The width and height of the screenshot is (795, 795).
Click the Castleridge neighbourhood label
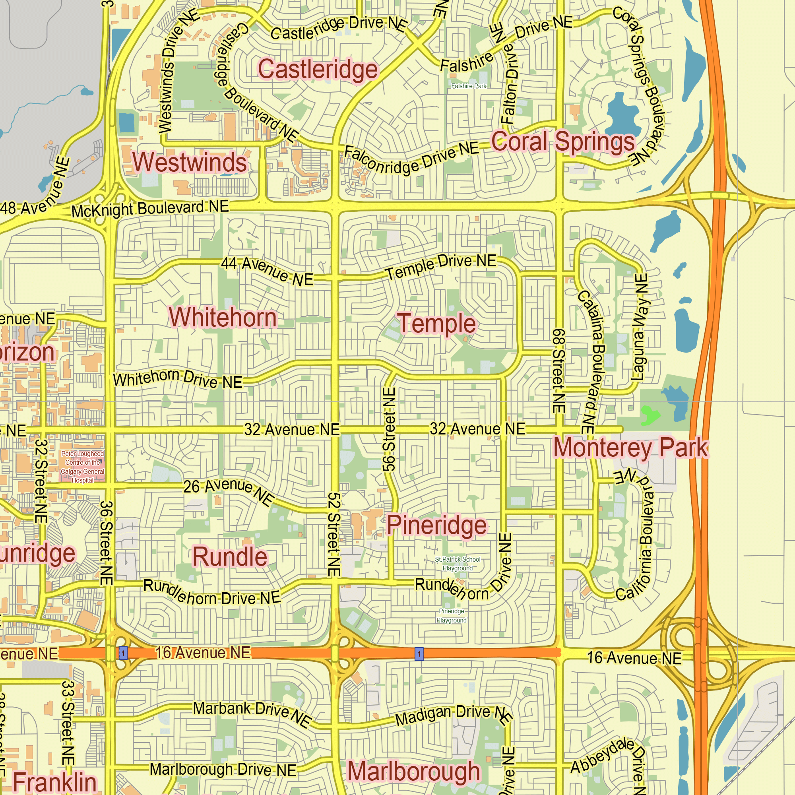click(x=318, y=69)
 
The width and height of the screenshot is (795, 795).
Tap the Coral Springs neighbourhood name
click(x=563, y=142)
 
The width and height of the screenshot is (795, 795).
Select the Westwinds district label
click(x=190, y=162)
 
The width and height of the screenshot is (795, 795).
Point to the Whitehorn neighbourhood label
click(x=223, y=318)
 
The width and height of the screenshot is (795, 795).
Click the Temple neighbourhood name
click(x=436, y=324)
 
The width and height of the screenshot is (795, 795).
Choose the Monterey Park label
click(x=630, y=448)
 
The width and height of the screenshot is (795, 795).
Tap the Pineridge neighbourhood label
click(x=436, y=525)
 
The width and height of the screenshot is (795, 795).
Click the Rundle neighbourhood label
click(x=230, y=557)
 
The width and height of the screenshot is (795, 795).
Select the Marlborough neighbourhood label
click(x=413, y=772)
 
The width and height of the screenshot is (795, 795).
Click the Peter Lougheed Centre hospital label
click(x=82, y=467)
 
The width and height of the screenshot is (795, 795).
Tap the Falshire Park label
click(x=469, y=86)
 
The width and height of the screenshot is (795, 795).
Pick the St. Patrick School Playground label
click(x=458, y=564)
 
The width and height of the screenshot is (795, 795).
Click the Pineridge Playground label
click(x=452, y=616)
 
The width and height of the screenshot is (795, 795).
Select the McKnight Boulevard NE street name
click(x=150, y=209)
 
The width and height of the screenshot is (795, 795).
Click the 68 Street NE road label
click(x=558, y=370)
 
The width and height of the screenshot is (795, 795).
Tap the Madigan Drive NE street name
click(x=453, y=715)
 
